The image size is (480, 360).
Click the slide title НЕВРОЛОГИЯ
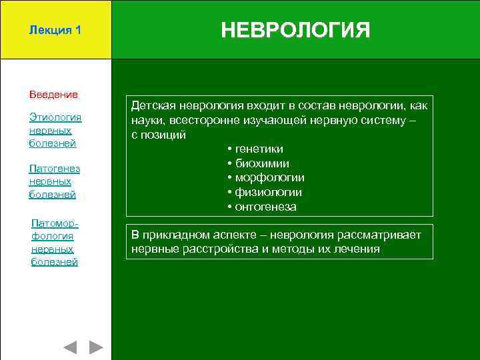pos(295,30)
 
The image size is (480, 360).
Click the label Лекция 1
pos(55,31)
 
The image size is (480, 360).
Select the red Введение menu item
pos(53,95)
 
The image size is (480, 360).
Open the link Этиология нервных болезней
pos(55,130)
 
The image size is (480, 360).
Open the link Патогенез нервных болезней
pos(55,181)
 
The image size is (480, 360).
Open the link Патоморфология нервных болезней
pos(55,242)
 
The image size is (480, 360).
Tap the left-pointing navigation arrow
pos(70,347)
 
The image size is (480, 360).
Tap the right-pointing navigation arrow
pos(96,347)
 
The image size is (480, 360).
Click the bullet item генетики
pos(259,149)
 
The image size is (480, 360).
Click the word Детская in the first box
pos(154,106)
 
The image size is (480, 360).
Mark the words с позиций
pos(159,135)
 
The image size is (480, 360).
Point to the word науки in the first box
pos(147,120)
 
